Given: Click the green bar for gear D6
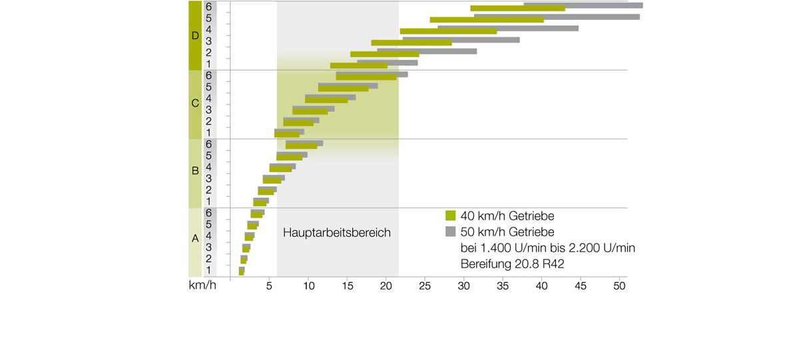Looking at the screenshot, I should click(x=517, y=9).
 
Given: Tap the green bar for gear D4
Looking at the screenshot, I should click(x=448, y=31).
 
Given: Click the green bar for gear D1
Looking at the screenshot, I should click(x=358, y=66).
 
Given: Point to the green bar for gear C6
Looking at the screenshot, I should click(x=366, y=77).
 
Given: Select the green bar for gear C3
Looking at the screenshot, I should click(x=310, y=111).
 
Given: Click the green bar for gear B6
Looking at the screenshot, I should click(x=301, y=146).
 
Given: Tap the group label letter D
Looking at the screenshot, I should click(x=194, y=36).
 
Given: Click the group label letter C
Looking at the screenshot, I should click(x=194, y=104).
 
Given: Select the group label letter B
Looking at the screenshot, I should click(x=194, y=171).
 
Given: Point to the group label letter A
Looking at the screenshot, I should click(x=194, y=238).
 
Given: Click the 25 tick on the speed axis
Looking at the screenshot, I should click(x=424, y=287).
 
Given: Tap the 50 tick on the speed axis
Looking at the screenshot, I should click(x=619, y=287).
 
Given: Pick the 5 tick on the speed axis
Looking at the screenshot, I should click(x=269, y=287).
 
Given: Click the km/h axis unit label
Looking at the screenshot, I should click(x=202, y=287).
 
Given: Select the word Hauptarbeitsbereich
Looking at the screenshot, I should click(x=336, y=234).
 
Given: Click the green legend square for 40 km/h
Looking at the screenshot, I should click(x=451, y=216).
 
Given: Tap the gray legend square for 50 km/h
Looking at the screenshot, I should click(x=451, y=232).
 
